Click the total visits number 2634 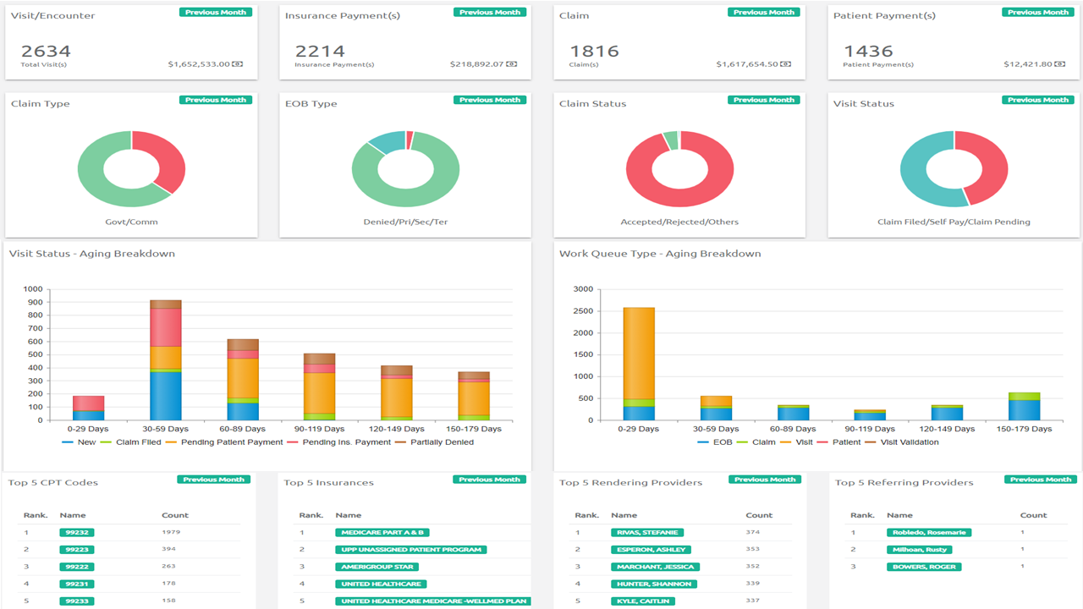pyautogui.click(x=46, y=52)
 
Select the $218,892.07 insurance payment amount pyautogui.click(x=477, y=64)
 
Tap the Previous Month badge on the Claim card pyautogui.click(x=764, y=13)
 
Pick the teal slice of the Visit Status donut pyautogui.click(x=919, y=178)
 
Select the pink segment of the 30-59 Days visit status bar pyautogui.click(x=166, y=327)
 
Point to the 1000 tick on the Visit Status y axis pyautogui.click(x=33, y=289)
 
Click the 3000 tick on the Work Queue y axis pyautogui.click(x=582, y=289)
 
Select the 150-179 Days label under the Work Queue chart pyautogui.click(x=1025, y=429)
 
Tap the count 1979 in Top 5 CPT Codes pyautogui.click(x=171, y=533)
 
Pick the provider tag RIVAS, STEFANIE pyautogui.click(x=647, y=533)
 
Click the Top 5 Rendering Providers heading pyautogui.click(x=630, y=483)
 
